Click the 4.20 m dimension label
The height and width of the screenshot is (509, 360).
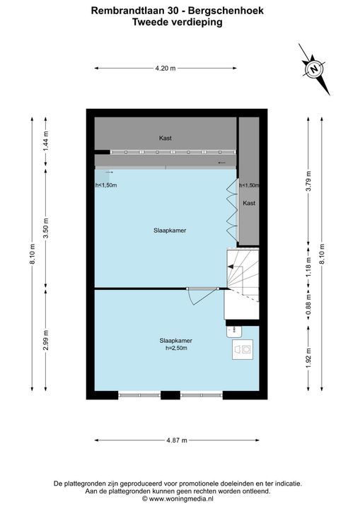[165, 68]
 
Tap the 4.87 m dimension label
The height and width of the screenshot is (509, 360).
[177, 440]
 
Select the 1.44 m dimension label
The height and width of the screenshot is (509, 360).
[46, 141]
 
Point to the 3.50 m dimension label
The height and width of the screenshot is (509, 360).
[46, 228]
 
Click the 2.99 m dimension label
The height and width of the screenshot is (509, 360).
[46, 340]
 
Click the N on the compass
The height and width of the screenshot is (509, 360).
[314, 69]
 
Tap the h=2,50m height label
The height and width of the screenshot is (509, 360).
[176, 348]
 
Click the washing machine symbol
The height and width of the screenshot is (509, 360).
[243, 349]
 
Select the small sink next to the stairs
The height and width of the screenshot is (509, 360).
[234, 330]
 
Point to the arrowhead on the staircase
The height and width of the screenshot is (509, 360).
[231, 267]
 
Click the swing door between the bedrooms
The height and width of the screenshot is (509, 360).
[202, 296]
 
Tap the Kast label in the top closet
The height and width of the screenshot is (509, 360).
[165, 138]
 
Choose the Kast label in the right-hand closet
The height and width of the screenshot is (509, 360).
[249, 203]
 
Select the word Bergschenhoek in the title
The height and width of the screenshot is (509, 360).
[226, 11]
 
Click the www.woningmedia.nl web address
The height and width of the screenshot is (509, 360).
[181, 498]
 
